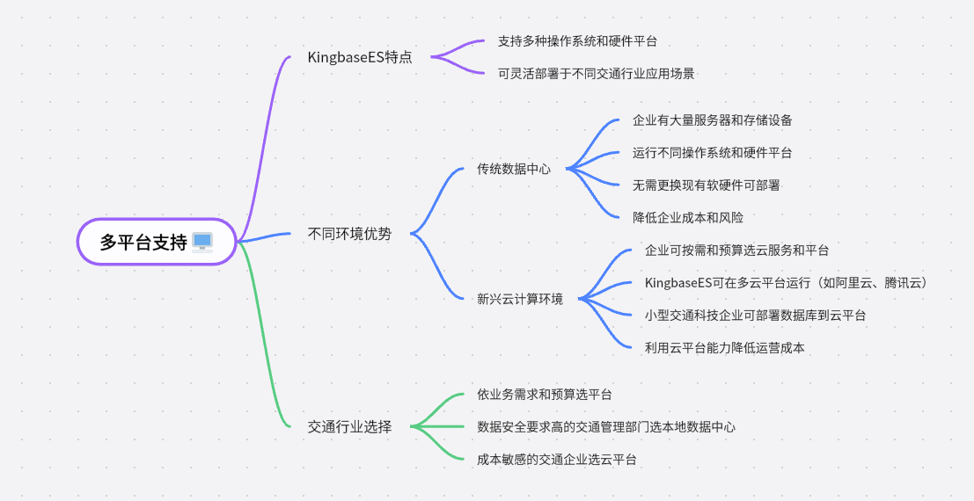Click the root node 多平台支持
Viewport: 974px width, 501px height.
144,242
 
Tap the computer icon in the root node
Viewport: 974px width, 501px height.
202,242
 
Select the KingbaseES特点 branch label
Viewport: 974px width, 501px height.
360,57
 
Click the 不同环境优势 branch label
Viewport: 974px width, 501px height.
350,234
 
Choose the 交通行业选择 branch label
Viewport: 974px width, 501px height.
350,427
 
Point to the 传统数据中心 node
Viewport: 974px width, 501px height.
514,169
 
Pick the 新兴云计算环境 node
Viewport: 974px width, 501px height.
520,299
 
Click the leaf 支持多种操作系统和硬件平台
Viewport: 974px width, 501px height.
577,41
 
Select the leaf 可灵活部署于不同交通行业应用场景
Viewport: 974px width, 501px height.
596,74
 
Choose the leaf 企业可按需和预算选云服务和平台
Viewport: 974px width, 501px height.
736,250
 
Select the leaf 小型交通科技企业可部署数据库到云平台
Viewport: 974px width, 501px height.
755,316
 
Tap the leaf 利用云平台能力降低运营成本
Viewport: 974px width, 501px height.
724,348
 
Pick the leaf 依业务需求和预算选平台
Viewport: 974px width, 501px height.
545,395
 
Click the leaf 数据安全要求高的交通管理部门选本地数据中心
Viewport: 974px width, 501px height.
606,427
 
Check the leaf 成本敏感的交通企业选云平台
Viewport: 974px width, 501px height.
557,460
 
